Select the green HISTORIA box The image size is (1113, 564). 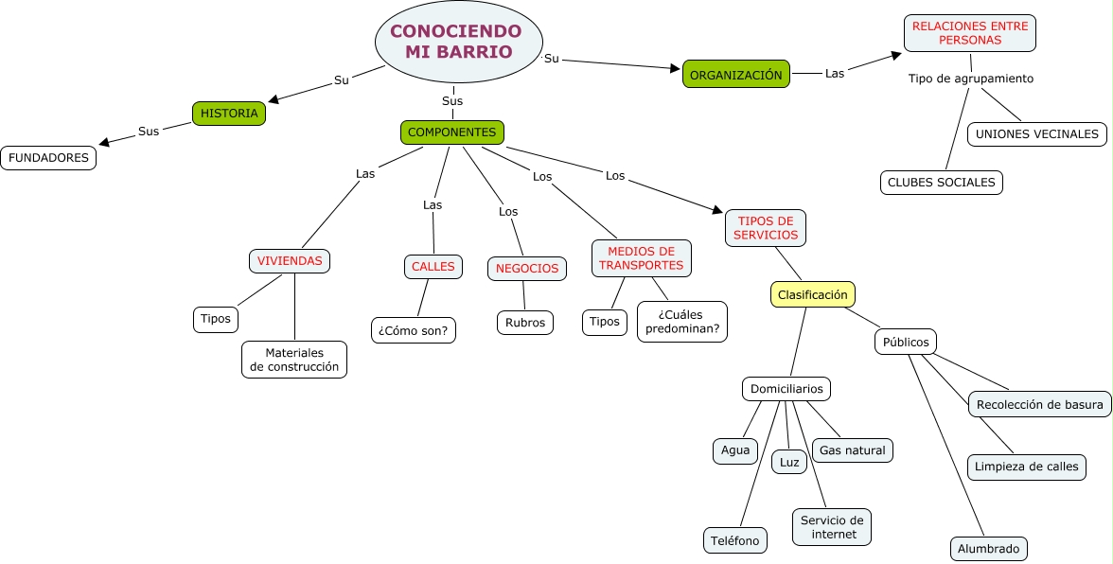[x=229, y=114]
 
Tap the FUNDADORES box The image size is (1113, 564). [x=48, y=158]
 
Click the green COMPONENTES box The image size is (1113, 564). [x=451, y=132]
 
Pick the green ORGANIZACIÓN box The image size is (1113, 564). [x=735, y=75]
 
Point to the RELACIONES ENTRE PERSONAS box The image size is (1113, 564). [x=970, y=33]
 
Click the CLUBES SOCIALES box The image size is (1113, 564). [x=941, y=182]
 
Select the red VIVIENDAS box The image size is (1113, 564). [x=290, y=261]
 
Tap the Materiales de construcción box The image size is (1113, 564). [x=294, y=360]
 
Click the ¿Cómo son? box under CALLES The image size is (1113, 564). [x=413, y=330]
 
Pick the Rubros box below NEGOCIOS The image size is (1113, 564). [x=525, y=323]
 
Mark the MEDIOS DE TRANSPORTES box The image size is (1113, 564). [x=641, y=258]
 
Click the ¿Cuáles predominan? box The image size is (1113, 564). [x=682, y=322]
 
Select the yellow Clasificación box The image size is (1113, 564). [x=812, y=295]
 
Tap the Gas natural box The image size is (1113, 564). [x=853, y=450]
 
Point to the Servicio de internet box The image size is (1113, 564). [x=832, y=527]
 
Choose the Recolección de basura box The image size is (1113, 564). [x=1039, y=405]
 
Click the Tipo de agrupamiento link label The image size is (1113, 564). [x=970, y=79]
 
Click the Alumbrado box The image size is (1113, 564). [x=988, y=549]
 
